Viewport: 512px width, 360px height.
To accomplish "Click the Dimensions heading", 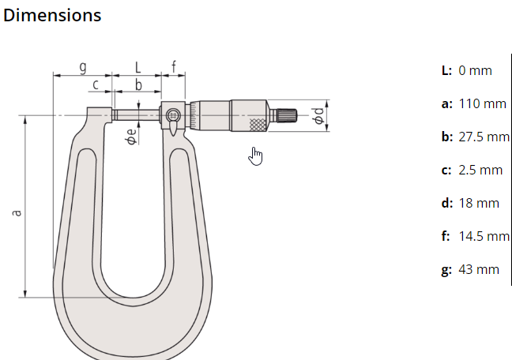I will [52, 15].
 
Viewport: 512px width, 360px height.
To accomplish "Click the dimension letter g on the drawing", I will [82, 67].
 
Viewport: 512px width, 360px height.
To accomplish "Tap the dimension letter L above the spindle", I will [137, 67].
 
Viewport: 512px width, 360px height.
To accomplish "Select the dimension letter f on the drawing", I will [174, 66].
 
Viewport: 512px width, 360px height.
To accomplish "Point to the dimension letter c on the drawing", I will [96, 84].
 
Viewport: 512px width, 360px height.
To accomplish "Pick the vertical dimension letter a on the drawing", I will [17, 212].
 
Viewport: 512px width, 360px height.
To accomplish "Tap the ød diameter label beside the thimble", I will [318, 116].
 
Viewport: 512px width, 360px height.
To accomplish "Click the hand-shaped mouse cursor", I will [255, 156].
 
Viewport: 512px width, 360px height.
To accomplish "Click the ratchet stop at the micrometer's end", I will [284, 116].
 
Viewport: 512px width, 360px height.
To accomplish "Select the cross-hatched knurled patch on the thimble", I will [258, 124].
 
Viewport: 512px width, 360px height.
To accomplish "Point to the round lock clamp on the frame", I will [173, 115].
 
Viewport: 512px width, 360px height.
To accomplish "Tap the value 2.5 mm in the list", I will [480, 170].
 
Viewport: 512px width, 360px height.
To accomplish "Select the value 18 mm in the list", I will [478, 203].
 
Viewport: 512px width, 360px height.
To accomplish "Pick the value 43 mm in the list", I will [478, 269].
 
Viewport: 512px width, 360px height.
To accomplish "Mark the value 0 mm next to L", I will [475, 70].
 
